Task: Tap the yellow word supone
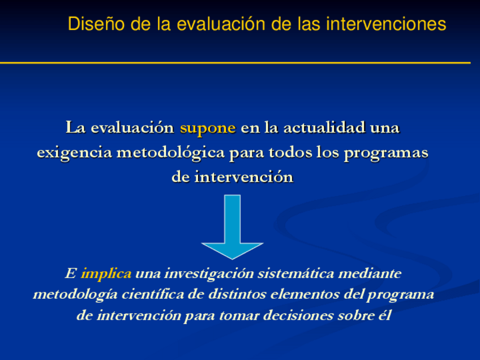[x=208, y=128]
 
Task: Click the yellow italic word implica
[x=106, y=274]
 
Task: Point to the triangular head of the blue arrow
[x=232, y=250]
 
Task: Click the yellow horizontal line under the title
[x=235, y=62]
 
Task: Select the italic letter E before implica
[x=70, y=274]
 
